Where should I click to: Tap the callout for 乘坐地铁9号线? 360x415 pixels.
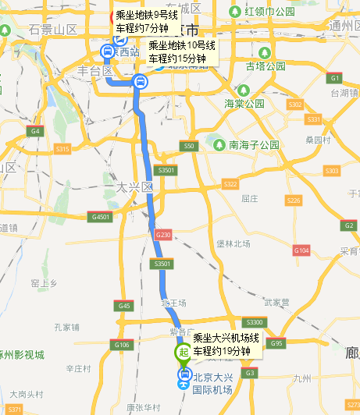pyautogui.click(x=141, y=22)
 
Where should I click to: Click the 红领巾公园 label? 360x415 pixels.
pyautogui.click(x=269, y=12)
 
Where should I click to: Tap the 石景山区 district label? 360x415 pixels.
pyautogui.click(x=54, y=29)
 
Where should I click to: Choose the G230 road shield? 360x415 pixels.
pyautogui.click(x=163, y=234)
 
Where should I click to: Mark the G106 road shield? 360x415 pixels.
pyautogui.click(x=122, y=344)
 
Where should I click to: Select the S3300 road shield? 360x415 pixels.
pyautogui.click(x=255, y=322)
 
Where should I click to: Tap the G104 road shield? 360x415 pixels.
pyautogui.click(x=301, y=250)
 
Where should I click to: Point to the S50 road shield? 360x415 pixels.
pyautogui.click(x=187, y=146)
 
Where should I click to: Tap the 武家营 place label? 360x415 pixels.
pyautogui.click(x=276, y=301)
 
